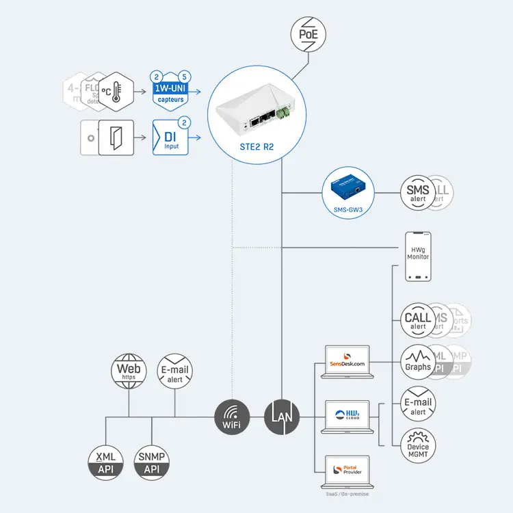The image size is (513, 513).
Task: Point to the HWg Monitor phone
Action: click(418, 256)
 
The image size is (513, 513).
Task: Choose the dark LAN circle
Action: click(282, 417)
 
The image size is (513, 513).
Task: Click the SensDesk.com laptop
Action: click(347, 362)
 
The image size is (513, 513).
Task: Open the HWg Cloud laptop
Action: click(347, 417)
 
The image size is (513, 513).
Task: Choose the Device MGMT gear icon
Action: click(418, 443)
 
